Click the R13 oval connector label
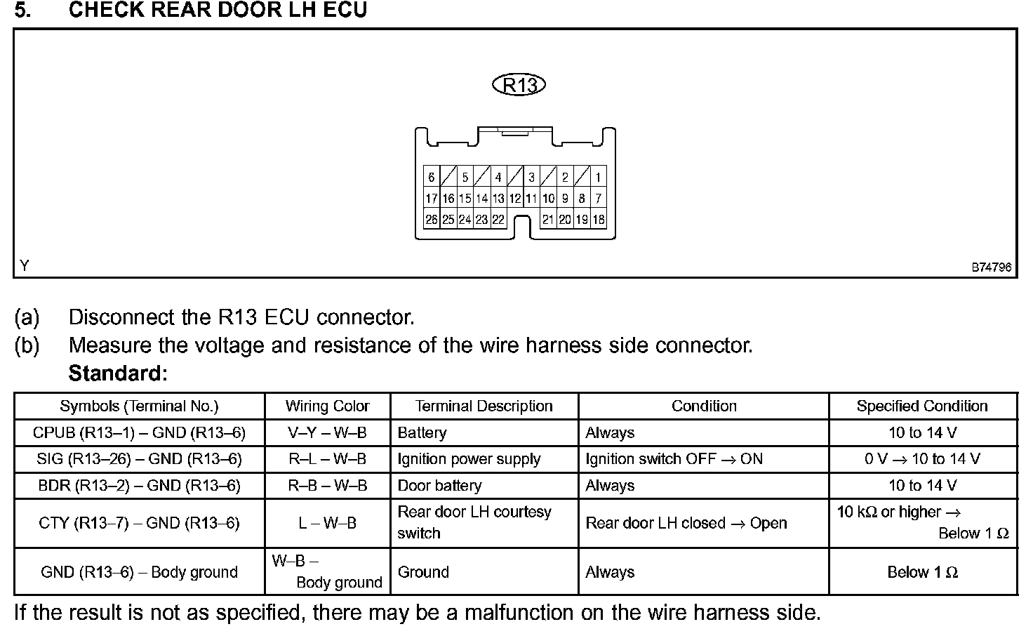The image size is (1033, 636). pyautogui.click(x=519, y=86)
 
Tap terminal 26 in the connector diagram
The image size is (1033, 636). pyautogui.click(x=431, y=220)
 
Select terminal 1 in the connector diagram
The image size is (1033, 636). pyautogui.click(x=598, y=178)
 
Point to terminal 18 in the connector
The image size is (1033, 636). pyautogui.click(x=598, y=220)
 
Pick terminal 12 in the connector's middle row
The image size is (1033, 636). pyautogui.click(x=514, y=199)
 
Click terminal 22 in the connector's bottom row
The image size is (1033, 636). pyautogui.click(x=498, y=220)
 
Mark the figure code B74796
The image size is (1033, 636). pyautogui.click(x=991, y=267)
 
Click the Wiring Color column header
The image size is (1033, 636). pyautogui.click(x=327, y=406)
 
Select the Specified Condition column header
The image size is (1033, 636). pyautogui.click(x=921, y=406)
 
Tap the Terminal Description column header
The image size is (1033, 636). pyautogui.click(x=484, y=406)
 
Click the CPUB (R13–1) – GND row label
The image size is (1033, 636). pyautogui.click(x=139, y=433)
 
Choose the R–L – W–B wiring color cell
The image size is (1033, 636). pyautogui.click(x=327, y=460)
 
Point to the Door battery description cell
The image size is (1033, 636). pyautogui.click(x=439, y=486)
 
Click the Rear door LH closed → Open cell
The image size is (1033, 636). pyautogui.click(x=686, y=524)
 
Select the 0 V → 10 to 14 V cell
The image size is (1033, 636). pyautogui.click(x=921, y=460)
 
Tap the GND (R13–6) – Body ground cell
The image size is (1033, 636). pyautogui.click(x=139, y=573)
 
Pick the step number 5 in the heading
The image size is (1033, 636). pyautogui.click(x=22, y=11)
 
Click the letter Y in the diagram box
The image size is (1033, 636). pyautogui.click(x=25, y=266)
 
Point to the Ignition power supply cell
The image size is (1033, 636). pyautogui.click(x=469, y=460)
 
